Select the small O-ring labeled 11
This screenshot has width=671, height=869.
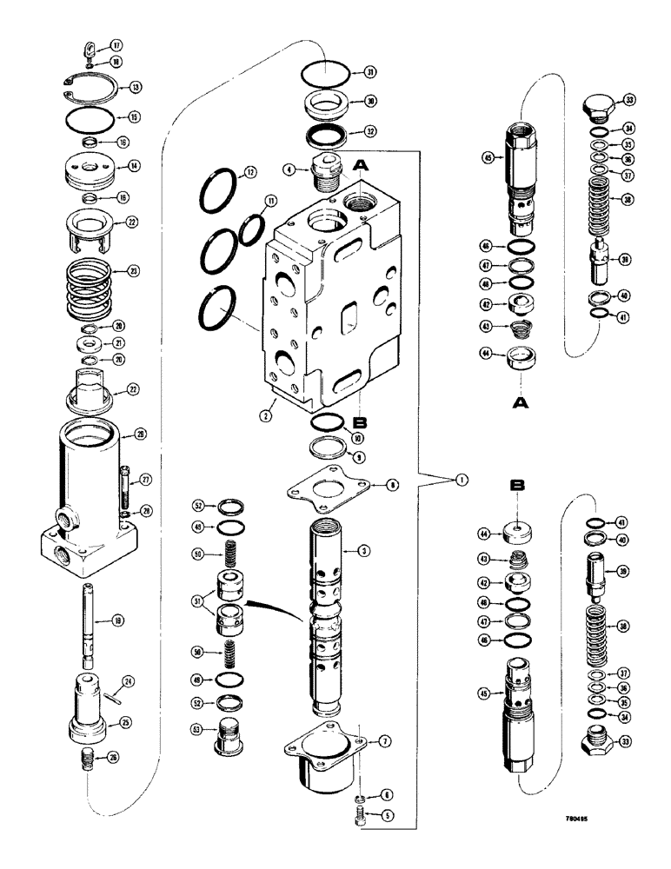251,224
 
